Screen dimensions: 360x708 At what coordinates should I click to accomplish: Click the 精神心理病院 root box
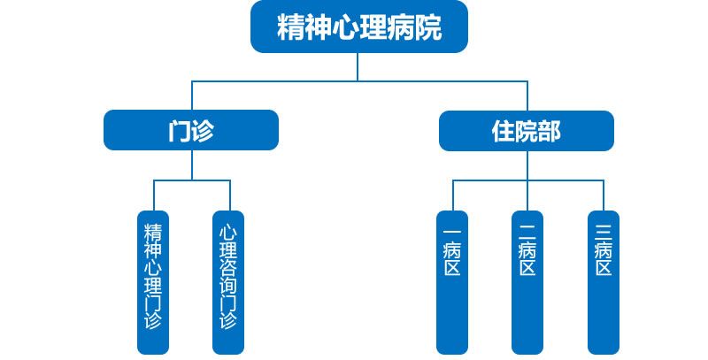coord(358,27)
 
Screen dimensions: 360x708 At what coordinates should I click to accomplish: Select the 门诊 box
coord(191,131)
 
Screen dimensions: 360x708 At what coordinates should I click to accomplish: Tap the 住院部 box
coord(527,131)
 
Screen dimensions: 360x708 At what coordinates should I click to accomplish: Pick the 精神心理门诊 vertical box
coord(153,282)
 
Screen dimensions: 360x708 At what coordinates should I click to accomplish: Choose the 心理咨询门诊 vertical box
coord(228,282)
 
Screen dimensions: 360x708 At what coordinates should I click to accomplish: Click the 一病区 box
coord(452,282)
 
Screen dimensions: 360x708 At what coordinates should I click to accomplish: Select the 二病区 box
coord(527,282)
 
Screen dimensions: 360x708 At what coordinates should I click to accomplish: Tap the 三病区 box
coord(604,282)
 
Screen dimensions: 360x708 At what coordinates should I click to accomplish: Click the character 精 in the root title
coord(291,27)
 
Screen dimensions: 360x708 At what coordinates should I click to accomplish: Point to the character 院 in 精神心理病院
coord(427,27)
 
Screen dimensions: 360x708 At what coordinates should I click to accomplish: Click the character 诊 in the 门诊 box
coord(203,131)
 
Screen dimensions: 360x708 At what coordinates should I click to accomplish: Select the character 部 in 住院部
coord(550,131)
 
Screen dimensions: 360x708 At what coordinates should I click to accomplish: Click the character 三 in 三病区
coord(604,232)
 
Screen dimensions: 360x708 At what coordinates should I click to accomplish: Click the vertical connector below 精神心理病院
coord(358,66)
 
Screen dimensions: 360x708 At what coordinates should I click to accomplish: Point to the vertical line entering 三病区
coord(604,195)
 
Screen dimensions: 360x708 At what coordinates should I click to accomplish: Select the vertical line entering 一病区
coord(452,195)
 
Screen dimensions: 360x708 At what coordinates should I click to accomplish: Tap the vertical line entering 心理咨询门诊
coord(229,195)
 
